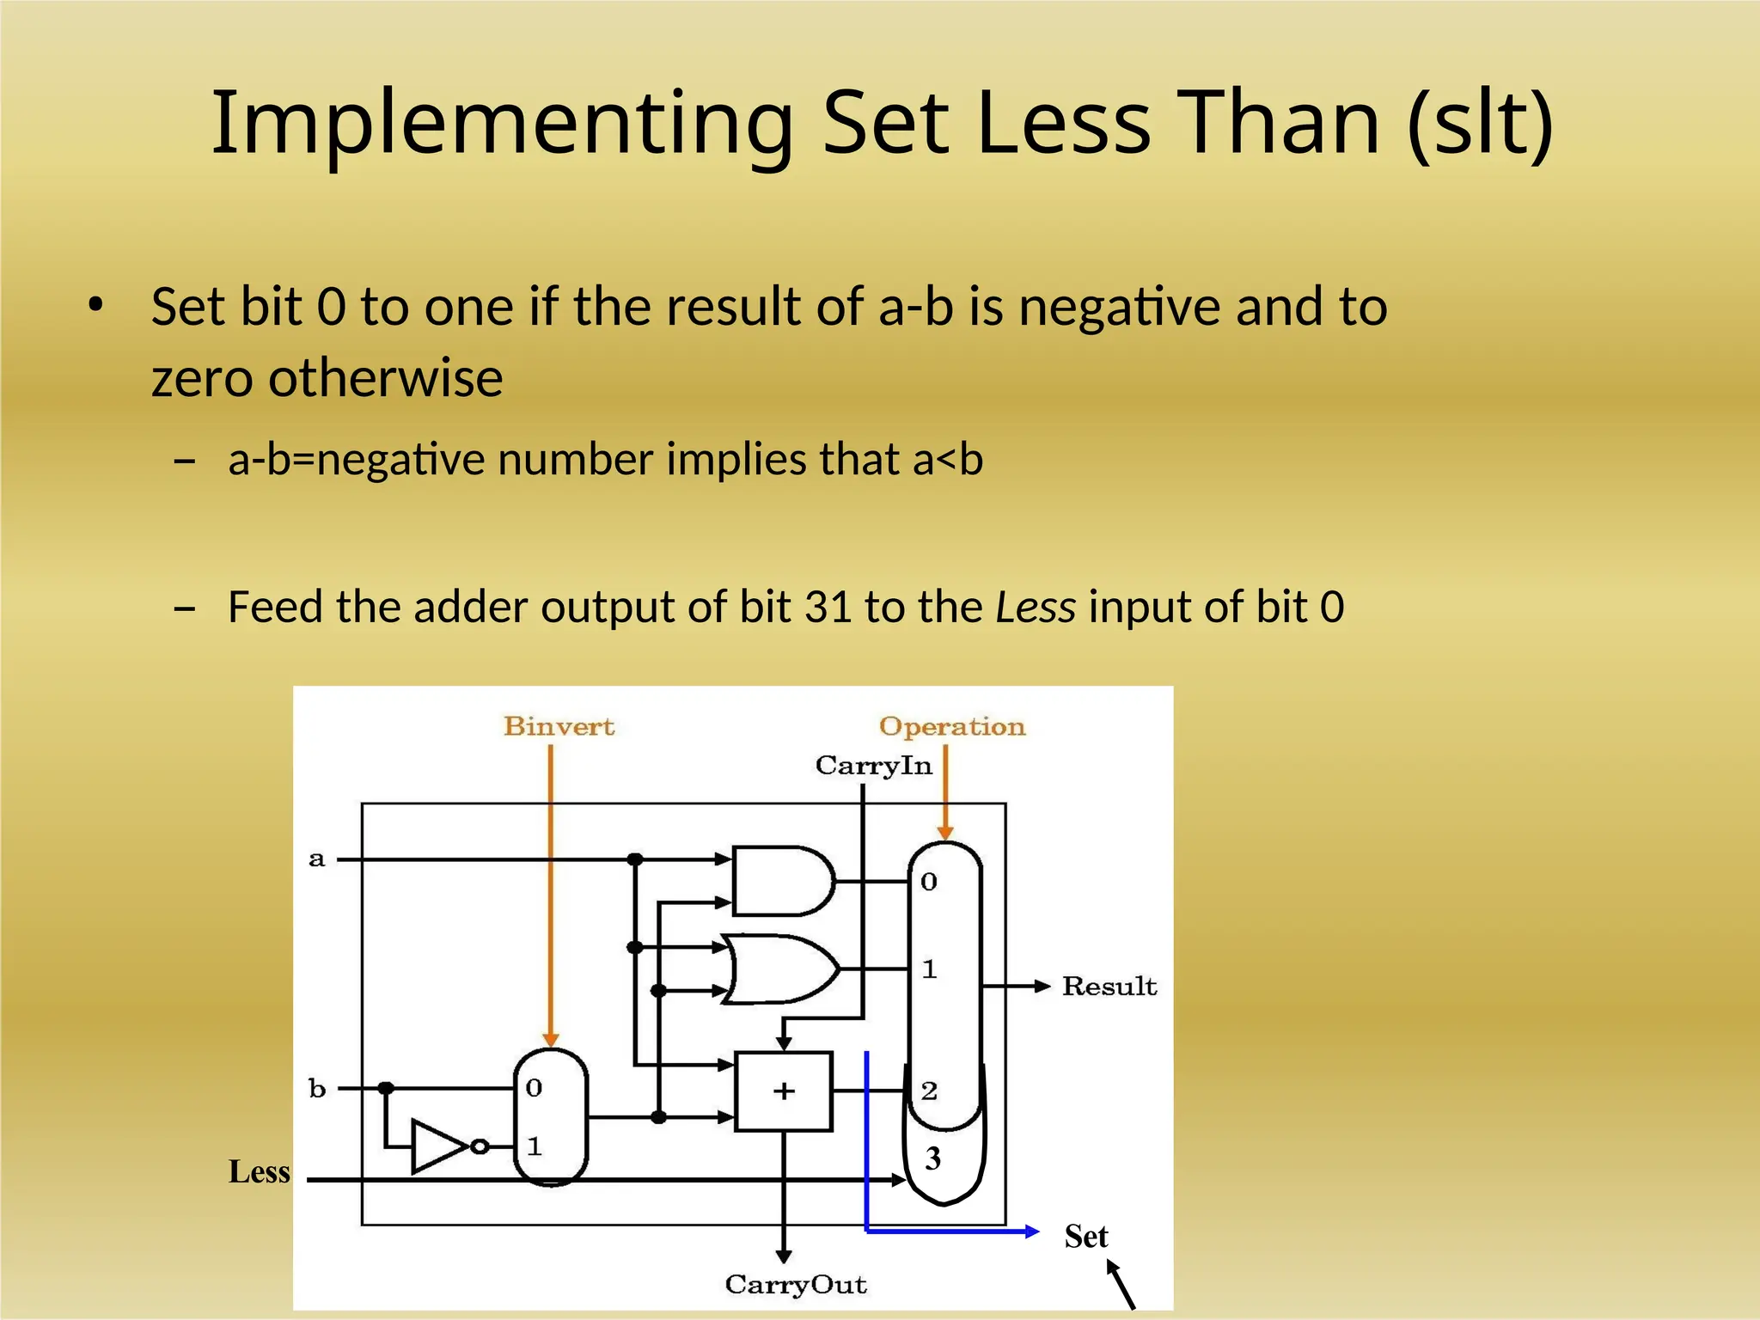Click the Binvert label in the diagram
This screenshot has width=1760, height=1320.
point(559,726)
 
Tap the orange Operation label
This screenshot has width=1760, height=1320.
point(952,726)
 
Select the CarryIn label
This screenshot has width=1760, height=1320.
point(873,765)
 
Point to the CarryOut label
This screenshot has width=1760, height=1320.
point(796,1284)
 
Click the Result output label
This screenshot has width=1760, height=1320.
point(1109,986)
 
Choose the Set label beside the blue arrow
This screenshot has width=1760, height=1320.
point(1086,1236)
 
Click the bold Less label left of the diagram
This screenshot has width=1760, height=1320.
point(259,1171)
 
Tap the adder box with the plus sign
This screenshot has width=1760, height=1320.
point(784,1091)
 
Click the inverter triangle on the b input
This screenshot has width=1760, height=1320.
point(438,1146)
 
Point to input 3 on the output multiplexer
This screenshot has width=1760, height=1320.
point(933,1158)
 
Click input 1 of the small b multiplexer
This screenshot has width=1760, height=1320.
point(535,1146)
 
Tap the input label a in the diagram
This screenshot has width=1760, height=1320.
point(317,859)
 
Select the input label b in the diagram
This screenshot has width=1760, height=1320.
point(317,1088)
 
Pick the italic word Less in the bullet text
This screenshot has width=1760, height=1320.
point(1036,607)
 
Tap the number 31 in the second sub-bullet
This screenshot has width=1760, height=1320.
point(828,607)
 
